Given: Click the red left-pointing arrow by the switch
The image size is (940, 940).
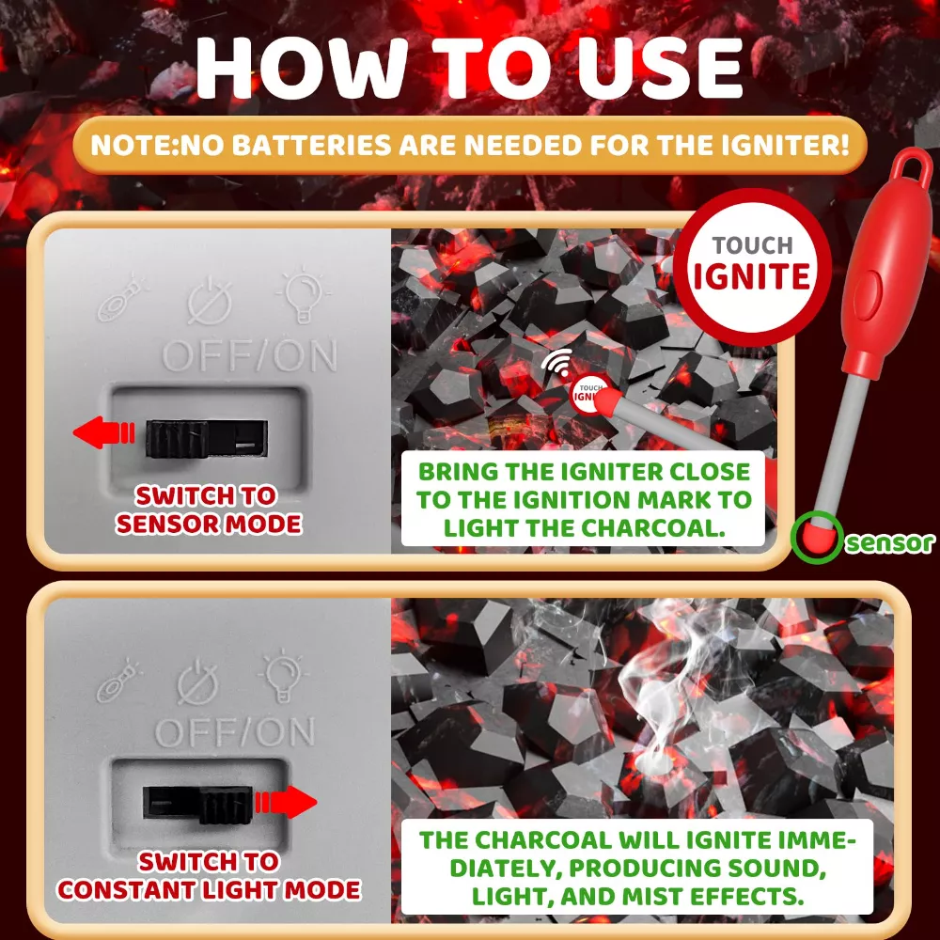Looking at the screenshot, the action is [x=103, y=432].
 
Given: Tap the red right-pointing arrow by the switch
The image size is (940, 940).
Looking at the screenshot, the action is [x=286, y=802].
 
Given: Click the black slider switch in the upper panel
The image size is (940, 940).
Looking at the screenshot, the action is [x=206, y=438].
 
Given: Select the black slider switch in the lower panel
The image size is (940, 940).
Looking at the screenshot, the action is [x=197, y=804].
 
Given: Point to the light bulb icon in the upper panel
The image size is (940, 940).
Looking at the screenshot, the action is [x=303, y=294].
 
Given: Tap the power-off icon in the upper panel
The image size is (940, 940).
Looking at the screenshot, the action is [x=210, y=301].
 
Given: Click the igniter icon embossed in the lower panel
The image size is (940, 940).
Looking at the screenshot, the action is [x=118, y=682].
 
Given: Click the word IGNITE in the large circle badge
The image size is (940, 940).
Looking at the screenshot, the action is [x=752, y=276].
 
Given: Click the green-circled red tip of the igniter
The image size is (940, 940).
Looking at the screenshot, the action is [x=817, y=536].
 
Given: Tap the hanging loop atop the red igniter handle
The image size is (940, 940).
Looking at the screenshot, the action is [x=911, y=163].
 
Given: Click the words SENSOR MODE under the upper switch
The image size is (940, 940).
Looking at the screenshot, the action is [x=209, y=524].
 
